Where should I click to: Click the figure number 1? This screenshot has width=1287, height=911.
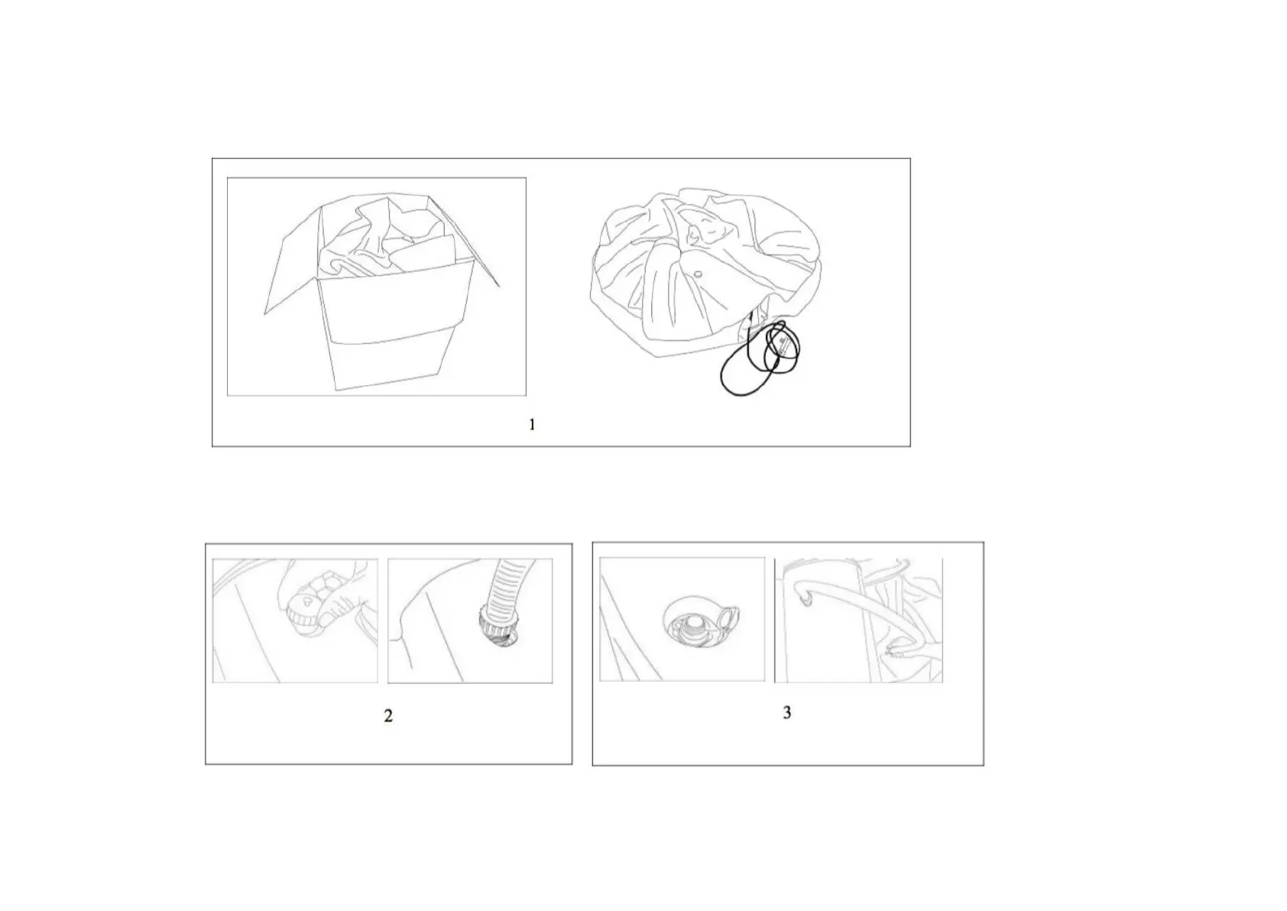532,424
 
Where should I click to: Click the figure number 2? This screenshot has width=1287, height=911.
388,715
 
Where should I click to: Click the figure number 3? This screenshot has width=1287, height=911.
787,712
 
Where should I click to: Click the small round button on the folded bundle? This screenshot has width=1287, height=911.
698,274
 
